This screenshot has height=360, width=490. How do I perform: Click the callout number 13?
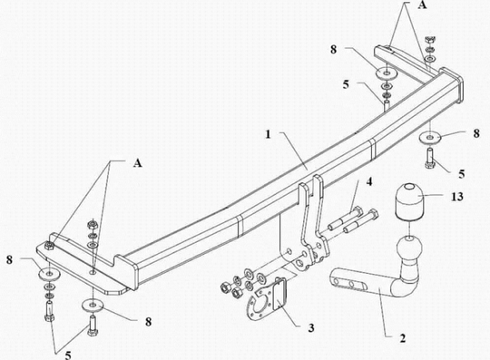(x=457, y=197)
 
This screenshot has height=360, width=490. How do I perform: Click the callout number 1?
(x=269, y=134)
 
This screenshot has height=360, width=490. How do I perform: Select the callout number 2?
(x=403, y=338)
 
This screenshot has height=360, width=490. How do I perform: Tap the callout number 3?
(x=369, y=181)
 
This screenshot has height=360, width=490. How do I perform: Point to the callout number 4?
(x=369, y=181)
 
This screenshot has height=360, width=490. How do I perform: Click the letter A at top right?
(x=422, y=5)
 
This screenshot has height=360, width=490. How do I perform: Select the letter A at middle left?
(x=138, y=162)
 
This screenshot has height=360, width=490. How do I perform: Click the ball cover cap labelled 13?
(x=409, y=201)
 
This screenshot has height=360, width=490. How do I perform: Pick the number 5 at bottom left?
(x=68, y=355)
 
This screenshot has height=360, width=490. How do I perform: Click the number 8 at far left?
(x=10, y=259)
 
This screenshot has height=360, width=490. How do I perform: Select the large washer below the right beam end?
(x=431, y=138)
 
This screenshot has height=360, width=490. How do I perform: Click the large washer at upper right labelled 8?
(x=386, y=73)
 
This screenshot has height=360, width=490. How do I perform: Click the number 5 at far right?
(x=462, y=174)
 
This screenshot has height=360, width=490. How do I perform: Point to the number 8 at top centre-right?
(x=334, y=49)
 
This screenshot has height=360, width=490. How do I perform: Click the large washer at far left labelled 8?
(x=49, y=274)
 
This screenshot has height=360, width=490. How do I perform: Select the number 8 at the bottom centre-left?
(x=149, y=322)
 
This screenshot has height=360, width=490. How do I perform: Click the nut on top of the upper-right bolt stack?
(x=428, y=40)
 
